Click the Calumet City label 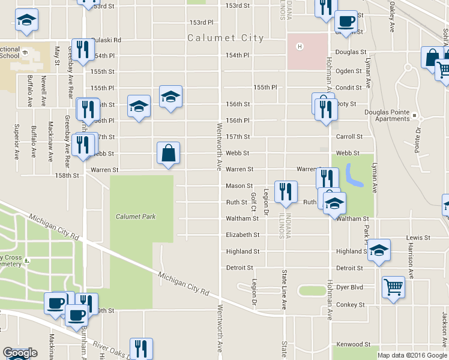pos(225,38)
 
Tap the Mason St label pos(238,186)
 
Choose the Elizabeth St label pos(243,235)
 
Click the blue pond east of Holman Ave pos(351,176)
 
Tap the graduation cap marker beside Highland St pos(379,249)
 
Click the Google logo pos(19,353)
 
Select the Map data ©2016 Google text pos(412,355)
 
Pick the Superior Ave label pos(17,137)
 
